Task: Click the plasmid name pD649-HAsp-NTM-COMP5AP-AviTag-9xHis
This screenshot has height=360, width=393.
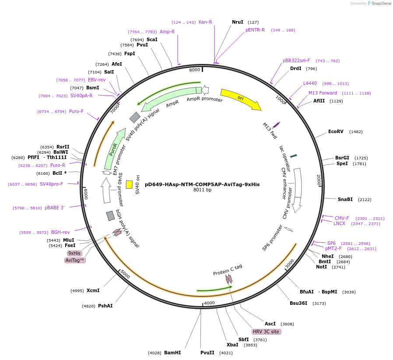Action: (x=202, y=184)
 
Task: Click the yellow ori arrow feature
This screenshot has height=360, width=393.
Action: (x=240, y=99)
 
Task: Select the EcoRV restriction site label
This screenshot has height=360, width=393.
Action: (x=336, y=132)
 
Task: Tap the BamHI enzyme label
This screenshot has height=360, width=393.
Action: (x=172, y=353)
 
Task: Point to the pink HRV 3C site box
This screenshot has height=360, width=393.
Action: (x=266, y=332)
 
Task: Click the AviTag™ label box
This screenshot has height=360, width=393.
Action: (x=75, y=260)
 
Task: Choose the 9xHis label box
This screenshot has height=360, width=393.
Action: (x=74, y=253)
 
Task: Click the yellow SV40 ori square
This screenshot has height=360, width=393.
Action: (x=129, y=184)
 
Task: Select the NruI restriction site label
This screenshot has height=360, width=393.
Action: (x=238, y=22)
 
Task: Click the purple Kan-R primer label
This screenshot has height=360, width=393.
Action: (x=205, y=22)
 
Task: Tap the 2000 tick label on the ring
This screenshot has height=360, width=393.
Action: (x=319, y=180)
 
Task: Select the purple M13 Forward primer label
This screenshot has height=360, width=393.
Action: (x=323, y=93)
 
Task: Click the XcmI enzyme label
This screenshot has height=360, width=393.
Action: (x=93, y=290)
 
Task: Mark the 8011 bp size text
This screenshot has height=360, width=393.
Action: (x=202, y=190)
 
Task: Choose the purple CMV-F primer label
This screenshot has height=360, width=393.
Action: (x=342, y=218)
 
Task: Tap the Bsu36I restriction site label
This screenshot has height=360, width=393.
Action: (x=298, y=303)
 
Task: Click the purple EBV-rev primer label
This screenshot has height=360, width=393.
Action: (x=97, y=80)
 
